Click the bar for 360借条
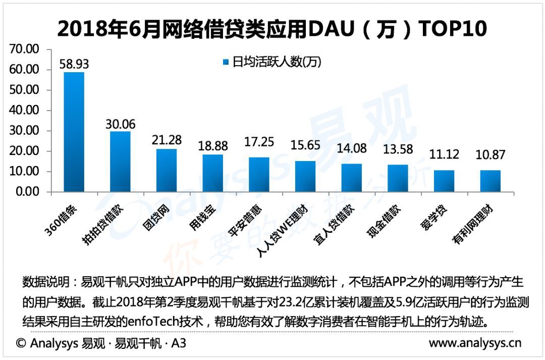[74, 132]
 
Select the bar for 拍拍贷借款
[120, 162]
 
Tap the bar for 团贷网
[167, 171]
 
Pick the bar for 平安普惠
[259, 175]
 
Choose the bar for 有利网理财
[490, 181]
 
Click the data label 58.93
[74, 65]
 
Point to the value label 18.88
[213, 146]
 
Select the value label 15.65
[305, 145]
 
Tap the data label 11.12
[444, 155]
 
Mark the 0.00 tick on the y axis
[27, 192]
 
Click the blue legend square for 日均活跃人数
[226, 62]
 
